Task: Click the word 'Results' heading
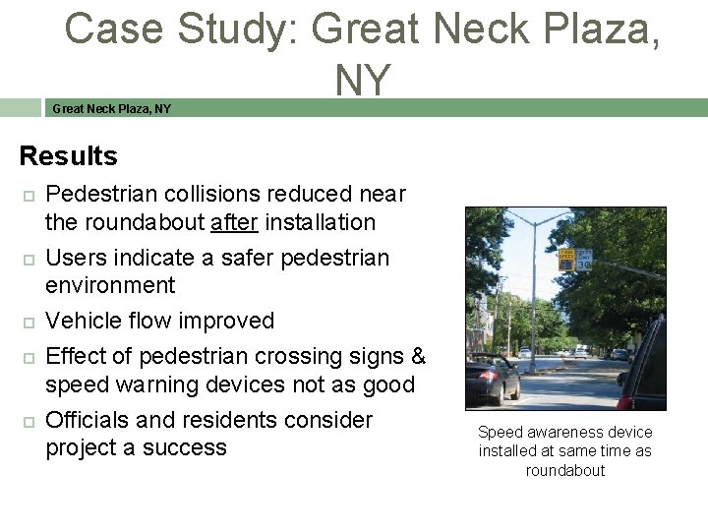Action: (x=68, y=156)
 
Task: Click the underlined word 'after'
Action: (x=234, y=223)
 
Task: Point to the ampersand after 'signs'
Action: (x=416, y=356)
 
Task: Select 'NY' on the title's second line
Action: (x=363, y=79)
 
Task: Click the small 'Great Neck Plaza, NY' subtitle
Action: (x=111, y=108)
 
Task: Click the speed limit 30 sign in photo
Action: (x=584, y=263)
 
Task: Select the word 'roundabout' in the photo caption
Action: (x=564, y=470)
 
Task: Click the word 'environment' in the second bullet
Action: (x=110, y=286)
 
